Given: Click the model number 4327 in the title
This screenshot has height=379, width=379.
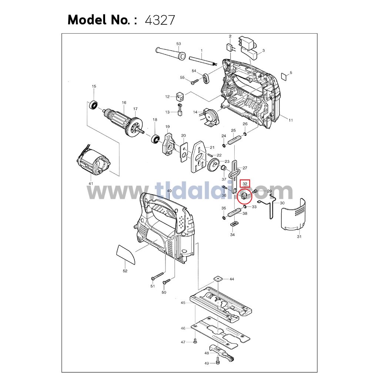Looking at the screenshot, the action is point(160,20).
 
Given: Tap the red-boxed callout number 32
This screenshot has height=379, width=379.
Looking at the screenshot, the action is point(245,184).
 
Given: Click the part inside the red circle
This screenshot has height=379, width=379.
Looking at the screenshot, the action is point(244,195).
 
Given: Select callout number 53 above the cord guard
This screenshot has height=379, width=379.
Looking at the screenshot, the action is point(179,44).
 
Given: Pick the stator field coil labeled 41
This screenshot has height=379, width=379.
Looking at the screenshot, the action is point(93,164).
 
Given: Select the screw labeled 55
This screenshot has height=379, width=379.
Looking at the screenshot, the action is point(195,82).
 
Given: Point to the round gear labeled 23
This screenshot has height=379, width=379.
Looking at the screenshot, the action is point(213,165).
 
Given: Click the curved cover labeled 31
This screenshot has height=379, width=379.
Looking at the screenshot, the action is point(293,214).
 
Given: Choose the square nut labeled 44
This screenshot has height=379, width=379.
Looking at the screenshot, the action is point(218,279).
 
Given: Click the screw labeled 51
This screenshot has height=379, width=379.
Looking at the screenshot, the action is point(158,276).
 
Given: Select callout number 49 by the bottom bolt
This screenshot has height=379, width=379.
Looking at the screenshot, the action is point(207,363).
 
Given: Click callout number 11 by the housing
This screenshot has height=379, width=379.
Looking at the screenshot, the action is point(291,120).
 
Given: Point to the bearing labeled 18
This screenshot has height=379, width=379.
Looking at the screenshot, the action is point(155,139).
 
